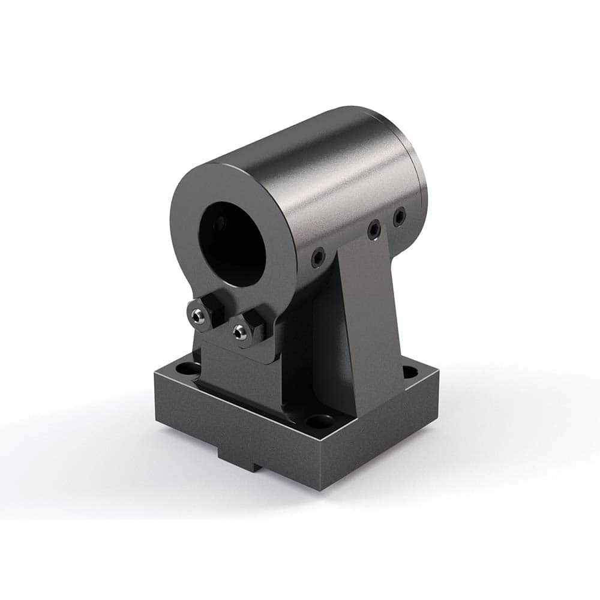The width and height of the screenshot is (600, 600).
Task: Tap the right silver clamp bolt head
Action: click(x=241, y=332)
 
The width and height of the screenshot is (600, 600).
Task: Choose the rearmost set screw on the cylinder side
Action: click(x=399, y=216)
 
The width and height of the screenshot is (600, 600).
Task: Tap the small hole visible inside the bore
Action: click(x=220, y=224)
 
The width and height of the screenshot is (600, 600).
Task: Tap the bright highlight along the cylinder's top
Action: click(x=312, y=150)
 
